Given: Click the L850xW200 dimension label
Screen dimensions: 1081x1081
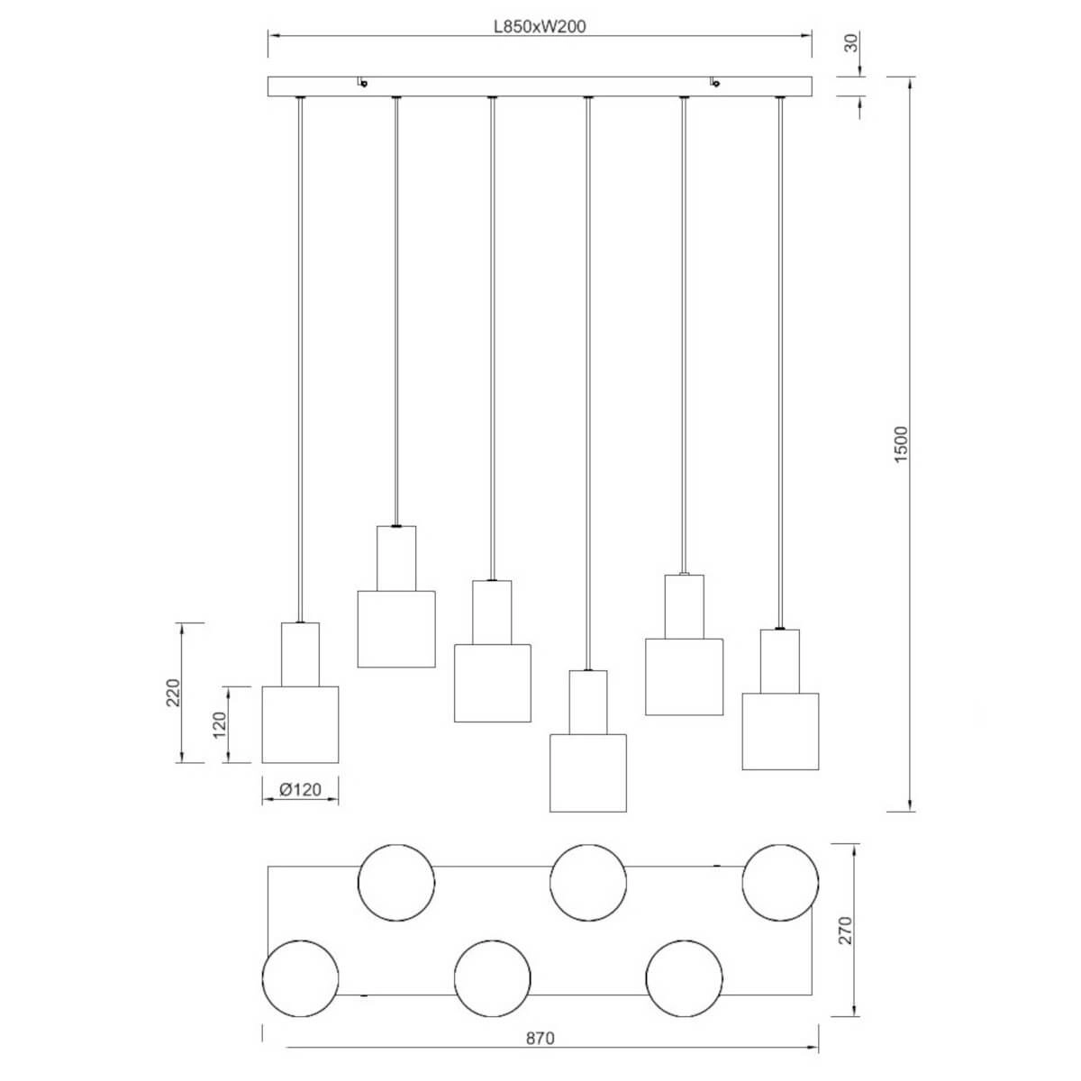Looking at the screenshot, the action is (540, 26).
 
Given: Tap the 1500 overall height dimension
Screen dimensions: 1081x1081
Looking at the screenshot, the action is (901, 444).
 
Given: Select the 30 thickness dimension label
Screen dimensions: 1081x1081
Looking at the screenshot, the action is (851, 43).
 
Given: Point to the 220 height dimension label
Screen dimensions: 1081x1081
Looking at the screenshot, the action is (174, 693).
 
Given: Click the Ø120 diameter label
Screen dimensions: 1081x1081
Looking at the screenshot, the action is (301, 790).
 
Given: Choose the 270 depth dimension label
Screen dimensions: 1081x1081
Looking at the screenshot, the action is (845, 930).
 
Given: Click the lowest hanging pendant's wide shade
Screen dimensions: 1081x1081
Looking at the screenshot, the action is (588, 772).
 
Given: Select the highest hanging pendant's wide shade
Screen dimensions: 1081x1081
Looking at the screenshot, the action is (396, 629).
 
